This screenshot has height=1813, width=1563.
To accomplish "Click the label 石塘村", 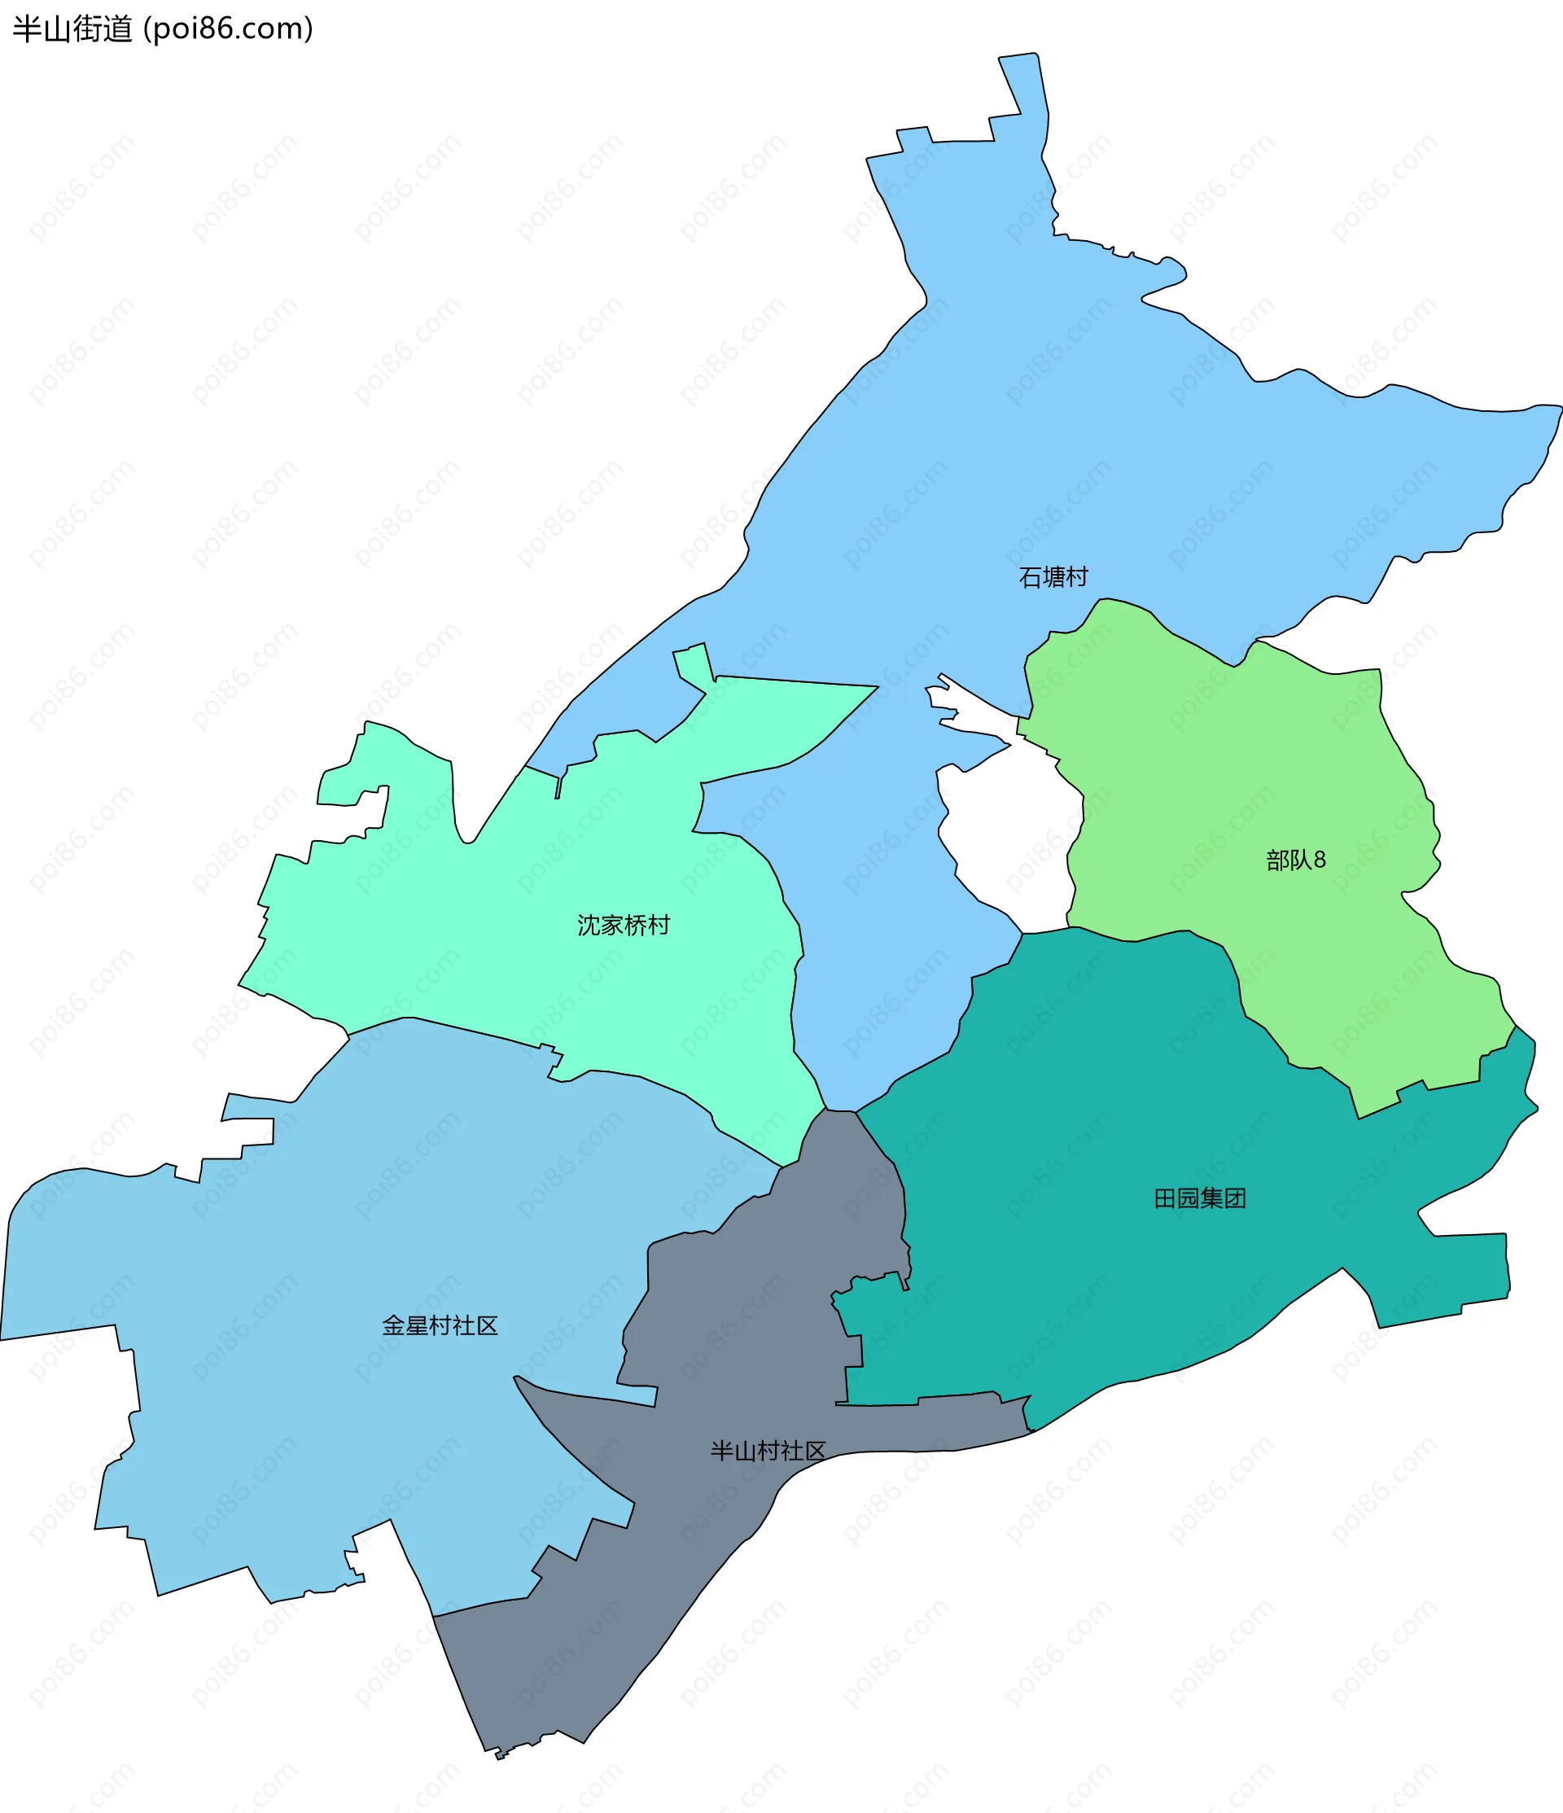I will tap(1053, 577).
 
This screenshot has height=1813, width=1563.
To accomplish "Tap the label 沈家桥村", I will tap(623, 925).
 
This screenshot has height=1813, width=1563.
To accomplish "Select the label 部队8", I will tap(1295, 861).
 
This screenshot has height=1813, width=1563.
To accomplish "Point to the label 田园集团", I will tap(1199, 1198).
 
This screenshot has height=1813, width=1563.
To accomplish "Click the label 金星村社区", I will tap(440, 1325).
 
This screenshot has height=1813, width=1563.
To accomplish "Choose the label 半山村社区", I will tap(768, 1451).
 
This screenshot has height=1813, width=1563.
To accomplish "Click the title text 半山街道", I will tap(72, 28).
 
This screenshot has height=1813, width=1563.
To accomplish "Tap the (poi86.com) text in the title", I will tap(228, 28).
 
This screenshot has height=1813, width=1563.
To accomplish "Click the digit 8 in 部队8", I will tap(1319, 861).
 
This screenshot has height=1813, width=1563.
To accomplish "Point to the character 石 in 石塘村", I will tap(1030, 577).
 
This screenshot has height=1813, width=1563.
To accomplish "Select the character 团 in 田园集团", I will tap(1234, 1198).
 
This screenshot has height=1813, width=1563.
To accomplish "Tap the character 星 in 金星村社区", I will tap(417, 1325).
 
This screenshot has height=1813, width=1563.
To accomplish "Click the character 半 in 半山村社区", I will tap(721, 1451).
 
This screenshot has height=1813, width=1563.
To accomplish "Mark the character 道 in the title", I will tap(118, 28).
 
